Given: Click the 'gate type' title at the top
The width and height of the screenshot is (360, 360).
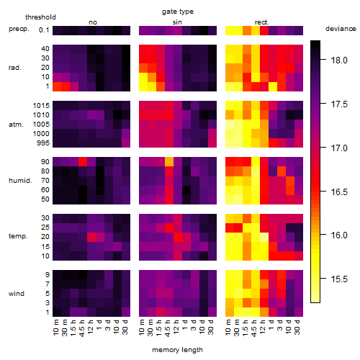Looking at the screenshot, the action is [x=178, y=12].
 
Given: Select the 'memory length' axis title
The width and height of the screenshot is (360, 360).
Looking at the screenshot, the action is [x=177, y=350].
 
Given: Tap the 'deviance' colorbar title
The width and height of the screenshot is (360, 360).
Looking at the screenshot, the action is [x=341, y=29].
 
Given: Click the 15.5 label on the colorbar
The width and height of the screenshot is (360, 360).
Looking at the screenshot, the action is [x=339, y=279].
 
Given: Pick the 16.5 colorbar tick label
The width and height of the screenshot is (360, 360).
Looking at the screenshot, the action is [x=339, y=192].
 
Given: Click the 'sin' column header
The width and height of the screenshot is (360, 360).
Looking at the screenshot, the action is [x=177, y=22].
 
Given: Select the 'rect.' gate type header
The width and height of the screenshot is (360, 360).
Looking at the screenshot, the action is [x=262, y=22].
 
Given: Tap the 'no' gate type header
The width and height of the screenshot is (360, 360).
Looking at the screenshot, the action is [x=93, y=22].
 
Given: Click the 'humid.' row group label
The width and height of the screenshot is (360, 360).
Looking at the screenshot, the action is [x=20, y=181].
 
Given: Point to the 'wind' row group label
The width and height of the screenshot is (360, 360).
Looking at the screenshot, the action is [x=17, y=294].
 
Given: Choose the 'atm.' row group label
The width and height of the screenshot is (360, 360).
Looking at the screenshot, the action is [x=16, y=125].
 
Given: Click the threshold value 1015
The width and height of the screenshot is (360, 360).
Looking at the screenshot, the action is [x=41, y=106].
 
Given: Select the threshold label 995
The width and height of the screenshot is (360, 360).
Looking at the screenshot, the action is [x=43, y=143].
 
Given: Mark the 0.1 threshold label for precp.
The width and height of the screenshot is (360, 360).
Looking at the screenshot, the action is [x=44, y=30].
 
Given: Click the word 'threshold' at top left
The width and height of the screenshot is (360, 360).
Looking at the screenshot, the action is [x=40, y=17].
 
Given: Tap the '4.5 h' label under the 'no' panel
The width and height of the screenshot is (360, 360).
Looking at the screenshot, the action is [x=82, y=328].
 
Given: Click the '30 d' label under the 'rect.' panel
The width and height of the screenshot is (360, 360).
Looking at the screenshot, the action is [x=297, y=327].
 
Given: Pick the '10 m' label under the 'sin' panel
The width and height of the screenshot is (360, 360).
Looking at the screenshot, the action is [x=142, y=328].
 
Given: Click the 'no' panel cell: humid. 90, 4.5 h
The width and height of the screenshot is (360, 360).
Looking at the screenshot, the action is [x=83, y=161].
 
